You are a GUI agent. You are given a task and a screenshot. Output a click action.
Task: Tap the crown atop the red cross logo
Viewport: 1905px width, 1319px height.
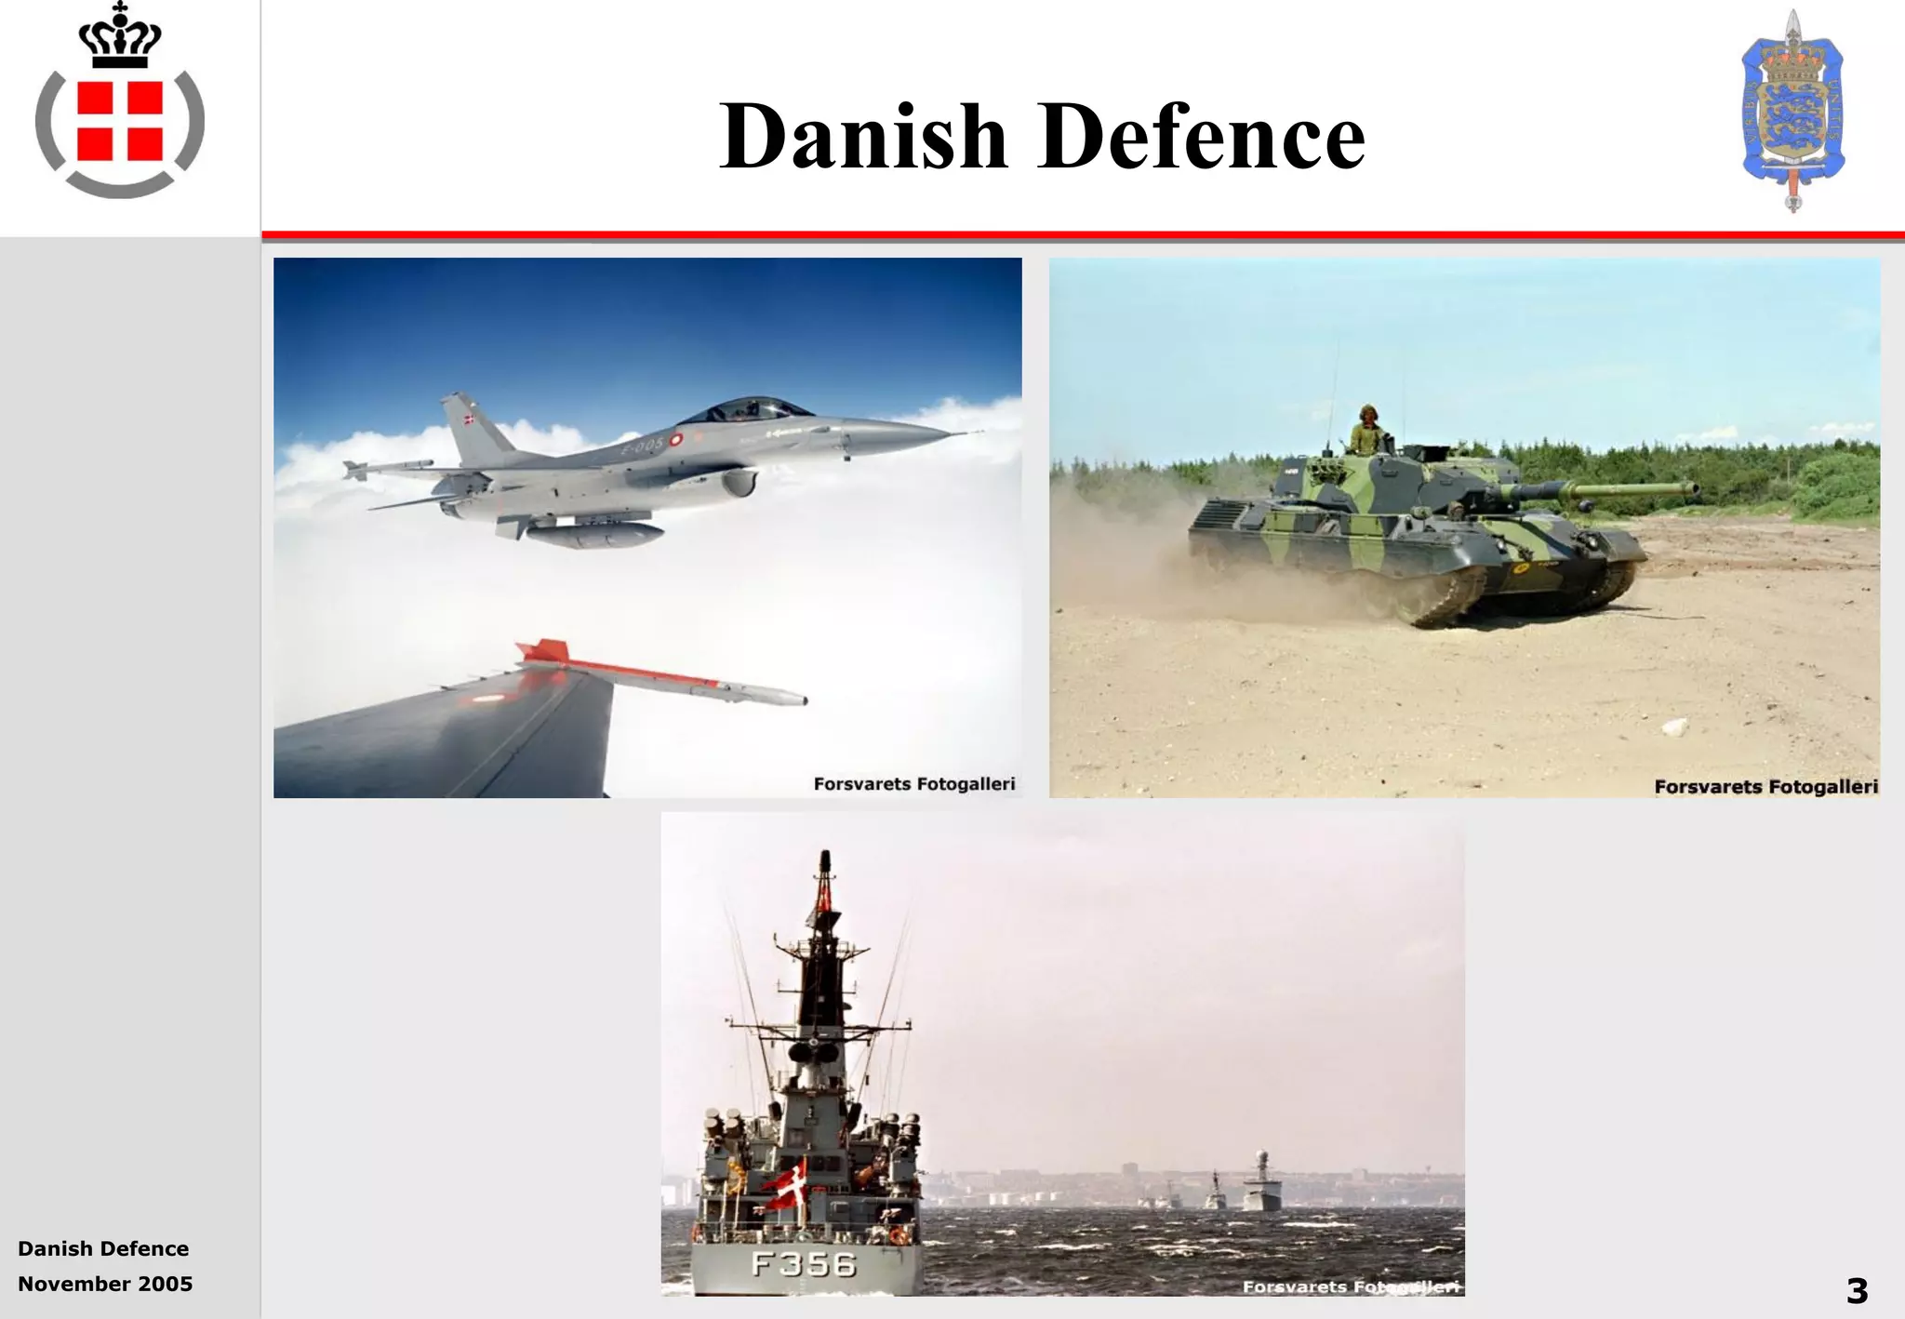coord(119,37)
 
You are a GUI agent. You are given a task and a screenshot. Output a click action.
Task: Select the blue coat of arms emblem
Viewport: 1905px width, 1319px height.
coord(1792,112)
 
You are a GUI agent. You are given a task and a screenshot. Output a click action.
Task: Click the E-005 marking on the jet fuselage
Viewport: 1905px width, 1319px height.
coord(644,446)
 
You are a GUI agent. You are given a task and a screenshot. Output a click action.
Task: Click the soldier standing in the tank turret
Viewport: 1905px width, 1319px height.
coord(1366,430)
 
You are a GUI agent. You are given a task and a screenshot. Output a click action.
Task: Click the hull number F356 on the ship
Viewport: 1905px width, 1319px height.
coord(804,1264)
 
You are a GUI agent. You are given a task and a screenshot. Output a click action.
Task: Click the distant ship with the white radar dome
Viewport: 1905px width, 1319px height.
coord(1261,1183)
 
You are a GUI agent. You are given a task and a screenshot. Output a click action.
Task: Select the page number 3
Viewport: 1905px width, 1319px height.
coord(1857,1290)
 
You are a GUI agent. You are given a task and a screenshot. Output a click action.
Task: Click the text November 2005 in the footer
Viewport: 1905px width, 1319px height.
coord(105,1284)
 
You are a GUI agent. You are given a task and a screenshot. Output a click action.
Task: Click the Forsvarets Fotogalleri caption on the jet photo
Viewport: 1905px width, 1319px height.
coord(913,783)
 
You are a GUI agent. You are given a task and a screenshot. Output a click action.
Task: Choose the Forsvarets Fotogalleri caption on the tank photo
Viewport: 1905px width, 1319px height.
coord(1765,787)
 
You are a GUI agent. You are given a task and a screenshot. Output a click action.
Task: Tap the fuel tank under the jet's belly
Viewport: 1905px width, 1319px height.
coord(595,535)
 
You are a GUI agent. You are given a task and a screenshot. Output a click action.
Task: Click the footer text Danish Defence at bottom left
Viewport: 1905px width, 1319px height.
coord(103,1248)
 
